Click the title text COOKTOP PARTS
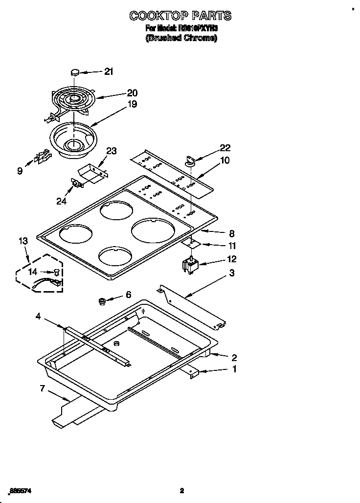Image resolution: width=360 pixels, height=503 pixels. coord(180,16)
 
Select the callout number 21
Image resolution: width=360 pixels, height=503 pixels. coord(108,71)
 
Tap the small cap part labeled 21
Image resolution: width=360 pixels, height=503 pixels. coord(75,72)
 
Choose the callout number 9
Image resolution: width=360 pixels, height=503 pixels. coord(20,171)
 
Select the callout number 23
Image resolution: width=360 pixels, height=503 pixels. coord(112,151)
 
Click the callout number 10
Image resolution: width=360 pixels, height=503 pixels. coord(225,160)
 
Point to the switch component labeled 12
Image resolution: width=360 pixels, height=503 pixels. coord(189,266)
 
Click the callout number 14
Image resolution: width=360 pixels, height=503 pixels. coord(32,271)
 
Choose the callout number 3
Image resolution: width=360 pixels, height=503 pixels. coord(232,273)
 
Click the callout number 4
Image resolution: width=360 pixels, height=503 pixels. coord(38,317)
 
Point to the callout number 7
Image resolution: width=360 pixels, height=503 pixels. coord(43,389)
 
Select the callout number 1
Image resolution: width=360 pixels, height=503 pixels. coord(234,369)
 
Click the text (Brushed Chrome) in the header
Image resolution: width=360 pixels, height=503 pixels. coord(181,38)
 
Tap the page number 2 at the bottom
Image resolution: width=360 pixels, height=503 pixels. coord(181,490)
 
